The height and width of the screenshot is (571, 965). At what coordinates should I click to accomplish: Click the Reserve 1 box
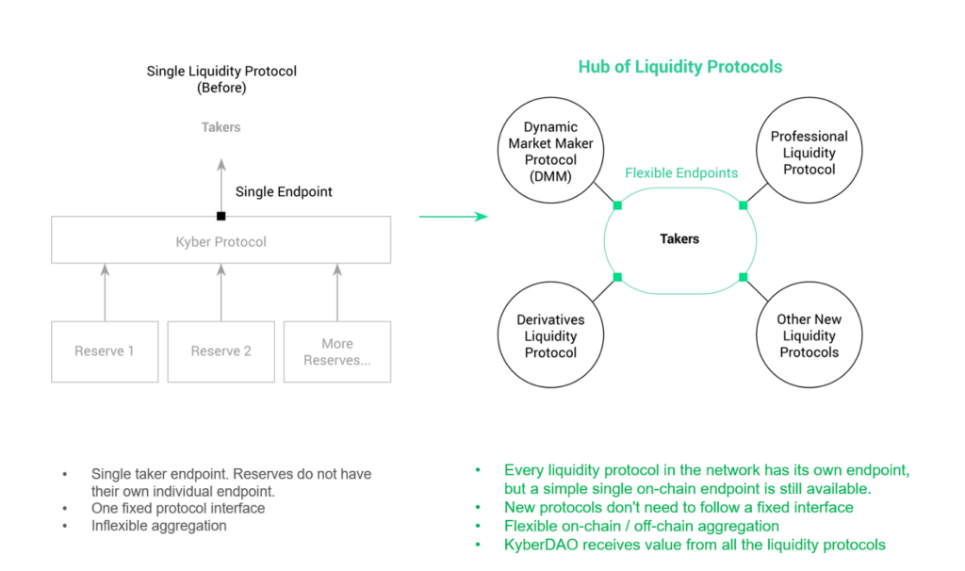click(105, 351)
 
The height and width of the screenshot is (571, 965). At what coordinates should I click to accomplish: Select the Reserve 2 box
click(221, 351)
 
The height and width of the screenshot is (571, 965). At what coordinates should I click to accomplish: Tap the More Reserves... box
click(336, 351)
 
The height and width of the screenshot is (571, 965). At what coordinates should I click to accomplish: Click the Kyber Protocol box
click(221, 241)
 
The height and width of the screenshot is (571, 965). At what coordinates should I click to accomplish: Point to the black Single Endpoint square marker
click(221, 216)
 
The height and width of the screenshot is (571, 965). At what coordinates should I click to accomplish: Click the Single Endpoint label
click(284, 191)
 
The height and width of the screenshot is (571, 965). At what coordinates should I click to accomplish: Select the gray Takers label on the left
click(221, 127)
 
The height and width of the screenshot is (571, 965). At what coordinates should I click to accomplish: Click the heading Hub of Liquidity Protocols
click(679, 67)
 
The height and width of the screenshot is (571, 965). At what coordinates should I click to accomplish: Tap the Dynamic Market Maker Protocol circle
click(550, 152)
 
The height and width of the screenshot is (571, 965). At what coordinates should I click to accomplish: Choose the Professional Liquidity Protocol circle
click(809, 152)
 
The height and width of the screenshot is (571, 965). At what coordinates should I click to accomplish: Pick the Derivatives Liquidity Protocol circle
click(550, 335)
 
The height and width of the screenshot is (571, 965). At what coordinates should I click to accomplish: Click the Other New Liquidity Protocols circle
click(809, 335)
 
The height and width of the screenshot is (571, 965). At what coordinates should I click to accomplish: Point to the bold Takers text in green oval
click(679, 239)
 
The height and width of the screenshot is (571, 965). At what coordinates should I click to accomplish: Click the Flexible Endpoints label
click(681, 173)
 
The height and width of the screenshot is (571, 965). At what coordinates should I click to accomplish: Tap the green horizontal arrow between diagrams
click(452, 217)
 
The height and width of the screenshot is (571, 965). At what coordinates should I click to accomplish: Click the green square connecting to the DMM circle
click(617, 204)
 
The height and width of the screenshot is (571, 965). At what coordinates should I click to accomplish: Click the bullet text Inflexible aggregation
click(158, 526)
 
